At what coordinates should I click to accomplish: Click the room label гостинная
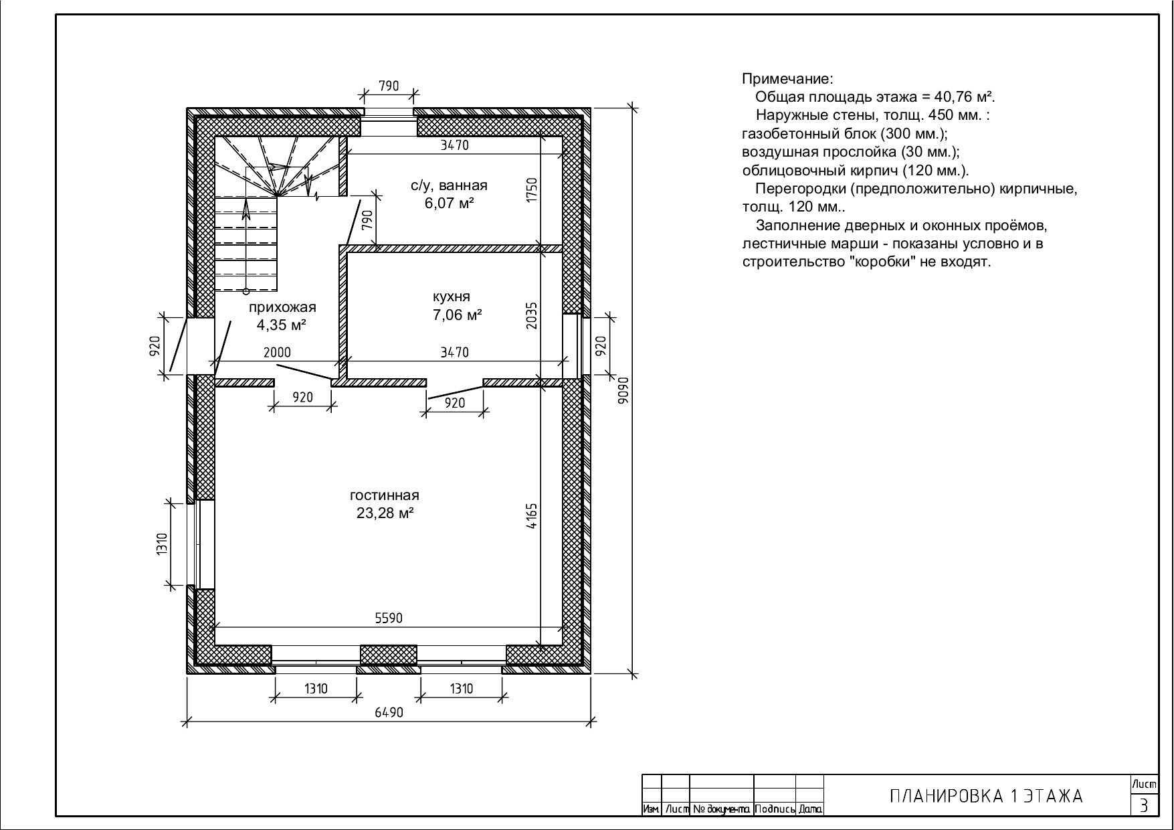coord(385,495)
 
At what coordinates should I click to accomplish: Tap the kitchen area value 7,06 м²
coord(458,315)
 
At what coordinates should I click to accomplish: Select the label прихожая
coord(282,307)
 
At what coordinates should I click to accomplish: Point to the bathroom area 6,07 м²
coord(449,203)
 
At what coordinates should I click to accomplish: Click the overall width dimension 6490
coord(389,712)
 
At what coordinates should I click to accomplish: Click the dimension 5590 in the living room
coord(389,618)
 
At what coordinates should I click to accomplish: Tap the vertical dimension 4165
coord(532,516)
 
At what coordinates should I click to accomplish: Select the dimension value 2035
coord(532,315)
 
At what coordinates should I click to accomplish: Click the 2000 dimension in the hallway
coord(277,352)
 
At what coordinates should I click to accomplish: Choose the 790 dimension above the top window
coord(389,86)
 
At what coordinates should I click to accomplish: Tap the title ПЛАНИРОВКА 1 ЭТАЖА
coord(986,796)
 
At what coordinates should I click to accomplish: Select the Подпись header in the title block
coord(775,809)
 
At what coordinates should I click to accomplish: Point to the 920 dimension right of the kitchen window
coord(600,345)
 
